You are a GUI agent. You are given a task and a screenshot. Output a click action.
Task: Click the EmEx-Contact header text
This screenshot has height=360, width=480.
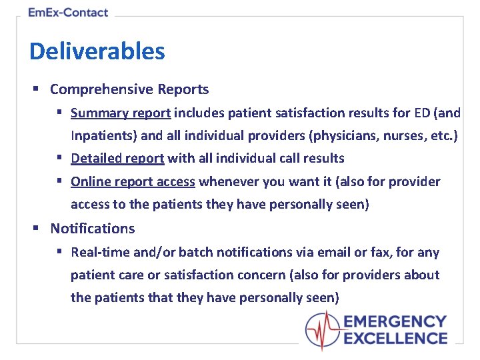[68, 12]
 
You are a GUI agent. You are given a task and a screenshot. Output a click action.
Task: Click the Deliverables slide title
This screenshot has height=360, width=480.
[97, 51]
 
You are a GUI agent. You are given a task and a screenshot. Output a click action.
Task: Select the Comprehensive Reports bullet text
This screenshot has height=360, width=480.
[129, 89]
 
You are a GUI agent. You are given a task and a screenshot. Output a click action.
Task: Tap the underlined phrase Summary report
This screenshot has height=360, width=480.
[121, 113]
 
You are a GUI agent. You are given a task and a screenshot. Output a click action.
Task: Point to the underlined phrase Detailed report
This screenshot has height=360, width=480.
[117, 158]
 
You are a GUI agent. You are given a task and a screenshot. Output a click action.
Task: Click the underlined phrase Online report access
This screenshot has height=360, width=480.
[133, 181]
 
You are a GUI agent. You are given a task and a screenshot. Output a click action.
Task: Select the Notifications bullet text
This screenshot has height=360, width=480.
[93, 229]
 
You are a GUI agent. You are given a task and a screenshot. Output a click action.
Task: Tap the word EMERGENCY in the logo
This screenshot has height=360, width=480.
[395, 323]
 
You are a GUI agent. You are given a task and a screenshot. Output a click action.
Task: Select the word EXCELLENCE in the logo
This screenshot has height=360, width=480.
[395, 338]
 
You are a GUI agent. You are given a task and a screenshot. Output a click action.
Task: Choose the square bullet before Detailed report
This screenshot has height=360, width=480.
[59, 158]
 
